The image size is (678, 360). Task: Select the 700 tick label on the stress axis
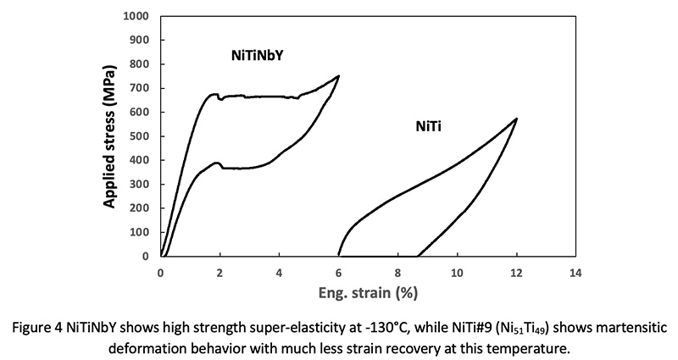pos(142,88)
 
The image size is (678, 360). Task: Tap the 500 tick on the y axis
pos(142,136)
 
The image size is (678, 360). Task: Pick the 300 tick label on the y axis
pos(142,184)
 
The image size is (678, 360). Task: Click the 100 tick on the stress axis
pos(142,232)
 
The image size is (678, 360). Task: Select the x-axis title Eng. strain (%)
pos(368,293)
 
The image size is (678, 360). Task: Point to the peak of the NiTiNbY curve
pos(338,76)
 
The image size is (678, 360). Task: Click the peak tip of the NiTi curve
pos(516,119)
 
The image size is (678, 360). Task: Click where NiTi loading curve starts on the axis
pos(339,255)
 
